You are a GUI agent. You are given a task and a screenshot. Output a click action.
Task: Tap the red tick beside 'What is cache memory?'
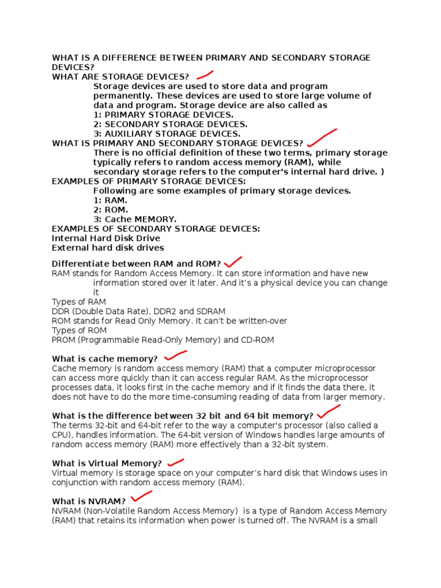tap(175, 356)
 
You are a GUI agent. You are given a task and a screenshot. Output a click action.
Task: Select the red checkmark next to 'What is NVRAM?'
tap(141, 497)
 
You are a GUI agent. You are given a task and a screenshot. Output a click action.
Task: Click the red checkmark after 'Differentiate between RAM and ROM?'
tap(233, 262)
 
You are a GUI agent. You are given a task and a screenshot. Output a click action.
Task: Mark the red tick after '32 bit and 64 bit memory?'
tap(328, 412)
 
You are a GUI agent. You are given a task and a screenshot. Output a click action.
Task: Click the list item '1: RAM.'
tap(110, 200)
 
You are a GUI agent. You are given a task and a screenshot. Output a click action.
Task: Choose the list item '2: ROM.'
tap(111, 210)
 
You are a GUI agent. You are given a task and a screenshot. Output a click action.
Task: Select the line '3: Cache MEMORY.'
tap(135, 219)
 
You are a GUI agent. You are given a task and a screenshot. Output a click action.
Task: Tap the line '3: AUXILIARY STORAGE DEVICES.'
tap(167, 134)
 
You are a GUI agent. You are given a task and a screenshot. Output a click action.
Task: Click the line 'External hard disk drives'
tap(108, 248)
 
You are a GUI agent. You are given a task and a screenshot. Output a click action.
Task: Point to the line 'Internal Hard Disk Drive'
tap(106, 238)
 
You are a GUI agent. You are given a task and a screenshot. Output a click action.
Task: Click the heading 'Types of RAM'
tap(79, 302)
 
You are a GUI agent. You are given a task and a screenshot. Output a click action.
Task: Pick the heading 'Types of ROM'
tap(79, 330)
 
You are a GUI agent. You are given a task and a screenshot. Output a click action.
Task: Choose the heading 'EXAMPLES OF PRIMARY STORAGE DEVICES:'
tap(149, 181)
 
